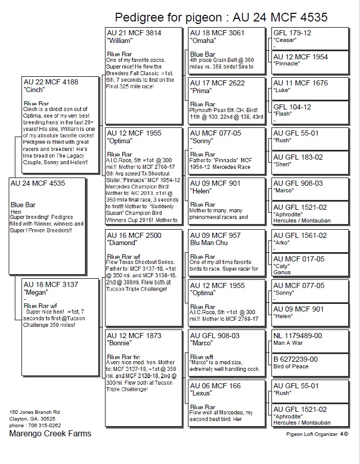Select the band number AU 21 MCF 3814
tap(134, 33)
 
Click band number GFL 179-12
tap(292, 33)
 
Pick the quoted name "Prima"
tap(201, 91)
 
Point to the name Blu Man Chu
tap(209, 242)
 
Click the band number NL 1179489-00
tap(298, 336)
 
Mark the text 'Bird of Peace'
tap(291, 366)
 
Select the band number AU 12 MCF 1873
tap(134, 336)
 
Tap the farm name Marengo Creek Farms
tap(50, 434)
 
